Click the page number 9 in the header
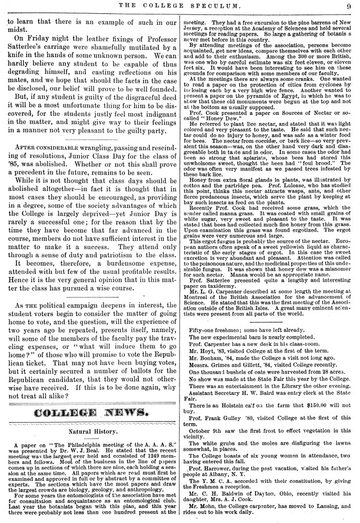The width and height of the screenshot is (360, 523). (x=349, y=6)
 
